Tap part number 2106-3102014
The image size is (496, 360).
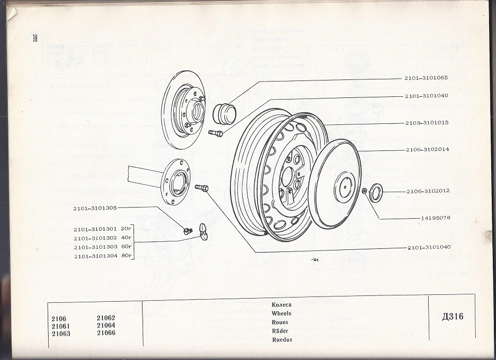[x=428, y=149]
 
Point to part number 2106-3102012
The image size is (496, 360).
[x=428, y=191]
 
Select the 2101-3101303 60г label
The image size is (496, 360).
[x=102, y=247]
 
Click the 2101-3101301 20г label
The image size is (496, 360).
[x=102, y=229]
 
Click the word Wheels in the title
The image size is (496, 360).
[x=281, y=313]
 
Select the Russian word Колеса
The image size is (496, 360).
[x=281, y=305]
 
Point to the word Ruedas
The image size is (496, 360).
[x=282, y=339]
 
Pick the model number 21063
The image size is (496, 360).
[x=61, y=334]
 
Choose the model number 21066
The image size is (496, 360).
[x=106, y=334]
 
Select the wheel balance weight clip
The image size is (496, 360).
[x=201, y=230]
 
